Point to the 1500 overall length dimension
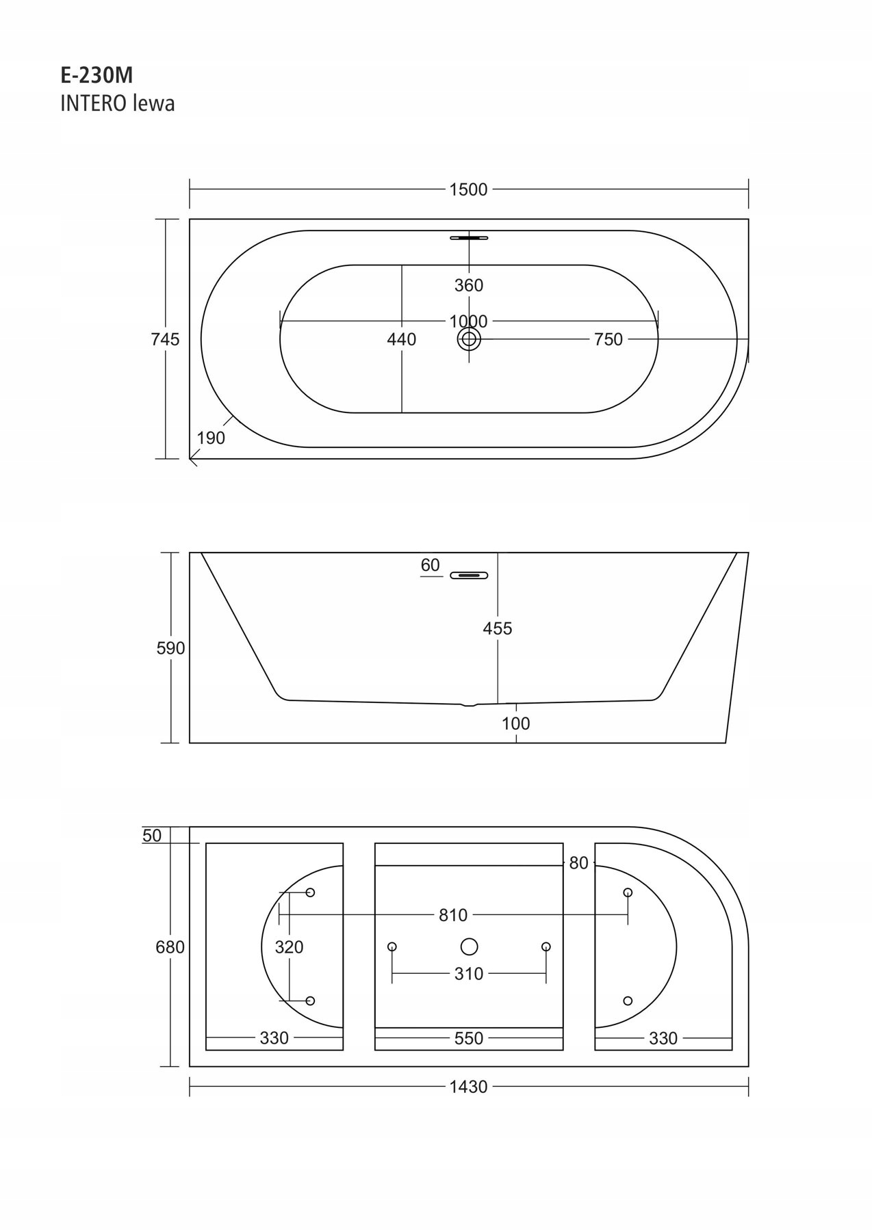tap(468, 189)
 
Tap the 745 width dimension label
tap(165, 339)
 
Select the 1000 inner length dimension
tap(468, 321)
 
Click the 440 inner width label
tap(401, 339)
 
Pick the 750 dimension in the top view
tap(608, 339)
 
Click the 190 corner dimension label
tap(211, 438)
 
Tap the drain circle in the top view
tap(469, 339)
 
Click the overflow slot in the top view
tap(469, 238)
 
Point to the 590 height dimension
tap(170, 648)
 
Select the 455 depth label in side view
tap(498, 628)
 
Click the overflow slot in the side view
tap(469, 575)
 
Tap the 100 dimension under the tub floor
tap(515, 724)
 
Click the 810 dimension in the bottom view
tap(453, 915)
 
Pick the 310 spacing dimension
tap(469, 974)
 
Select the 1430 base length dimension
tap(469, 1087)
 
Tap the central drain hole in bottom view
tap(469, 947)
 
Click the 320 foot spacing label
tap(289, 947)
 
